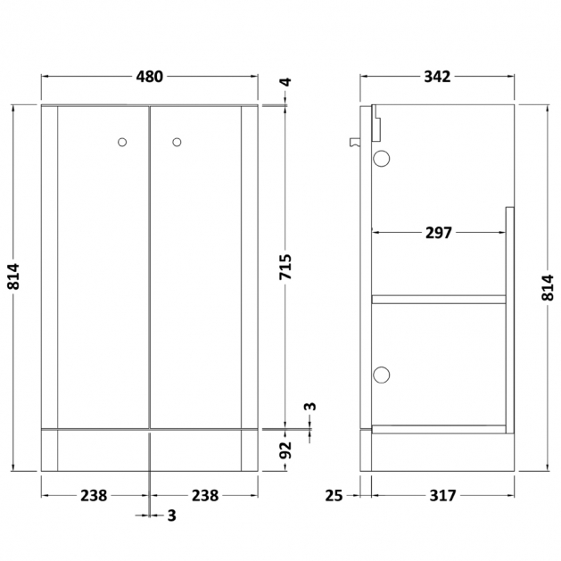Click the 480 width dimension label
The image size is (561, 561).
tap(149, 77)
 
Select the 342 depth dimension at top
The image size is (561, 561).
tap(437, 77)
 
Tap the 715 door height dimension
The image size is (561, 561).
tap(286, 267)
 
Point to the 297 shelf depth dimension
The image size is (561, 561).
tap(439, 233)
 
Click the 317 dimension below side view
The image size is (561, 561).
tap(443, 496)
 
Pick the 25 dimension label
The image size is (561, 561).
tap(334, 496)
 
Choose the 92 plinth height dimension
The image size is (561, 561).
tap(286, 450)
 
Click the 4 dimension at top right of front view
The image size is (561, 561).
tap(286, 82)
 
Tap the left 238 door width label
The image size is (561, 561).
tap(94, 496)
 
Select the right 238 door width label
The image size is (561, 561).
tap(205, 496)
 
